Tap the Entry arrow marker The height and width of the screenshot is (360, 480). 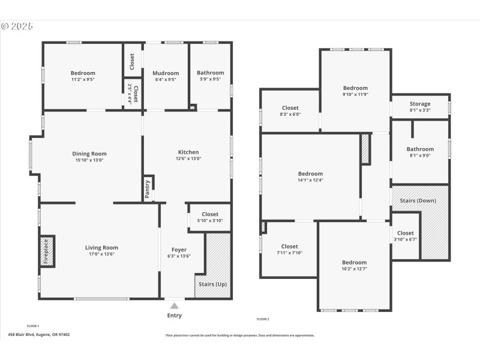point(175,306)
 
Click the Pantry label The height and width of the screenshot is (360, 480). point(147,188)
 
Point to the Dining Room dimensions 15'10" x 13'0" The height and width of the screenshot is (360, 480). point(89,161)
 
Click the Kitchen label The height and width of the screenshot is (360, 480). point(188,152)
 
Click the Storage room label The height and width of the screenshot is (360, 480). point(419,104)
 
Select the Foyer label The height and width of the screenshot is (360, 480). point(179,250)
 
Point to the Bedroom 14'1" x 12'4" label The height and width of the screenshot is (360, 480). point(310,173)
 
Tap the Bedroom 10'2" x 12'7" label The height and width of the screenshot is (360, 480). point(354,262)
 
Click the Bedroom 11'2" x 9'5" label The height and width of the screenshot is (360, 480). point(83,73)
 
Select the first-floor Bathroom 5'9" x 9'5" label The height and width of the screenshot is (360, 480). point(210,73)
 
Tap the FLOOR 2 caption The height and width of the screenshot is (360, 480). point(263,319)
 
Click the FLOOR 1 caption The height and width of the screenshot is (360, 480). point(33,325)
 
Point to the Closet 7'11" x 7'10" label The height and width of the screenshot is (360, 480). point(289,246)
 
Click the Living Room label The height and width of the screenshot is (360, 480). point(101,247)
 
